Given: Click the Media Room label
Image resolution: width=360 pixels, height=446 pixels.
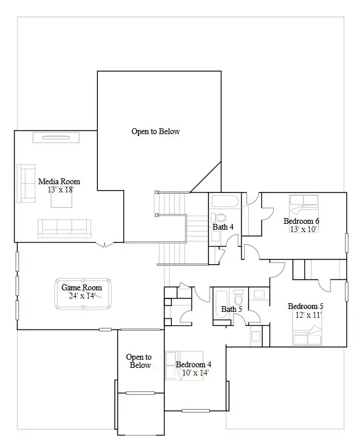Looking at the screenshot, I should [59, 181].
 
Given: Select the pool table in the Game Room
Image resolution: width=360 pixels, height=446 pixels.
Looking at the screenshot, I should [83, 295].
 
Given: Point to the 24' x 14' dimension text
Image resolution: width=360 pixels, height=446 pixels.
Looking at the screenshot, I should [82, 296].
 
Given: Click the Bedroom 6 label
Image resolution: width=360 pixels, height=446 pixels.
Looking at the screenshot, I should [301, 221].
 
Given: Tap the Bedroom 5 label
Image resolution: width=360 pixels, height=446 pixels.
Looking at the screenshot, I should [305, 306].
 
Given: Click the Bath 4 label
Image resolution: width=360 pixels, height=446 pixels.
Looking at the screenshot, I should [223, 227].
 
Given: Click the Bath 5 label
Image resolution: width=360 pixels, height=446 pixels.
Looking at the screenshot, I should [231, 309].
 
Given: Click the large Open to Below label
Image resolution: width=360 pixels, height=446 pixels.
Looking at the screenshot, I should [156, 132].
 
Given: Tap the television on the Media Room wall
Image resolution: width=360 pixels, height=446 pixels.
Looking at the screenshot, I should [59, 138].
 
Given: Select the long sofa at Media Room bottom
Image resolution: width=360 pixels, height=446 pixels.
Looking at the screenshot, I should [64, 227].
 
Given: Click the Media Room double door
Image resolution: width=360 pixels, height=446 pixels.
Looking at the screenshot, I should [105, 244].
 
